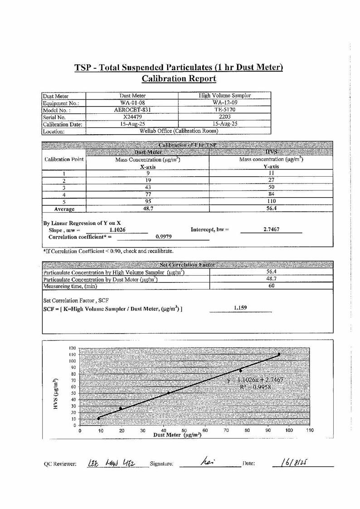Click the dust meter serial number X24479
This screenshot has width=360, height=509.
(x=132, y=116)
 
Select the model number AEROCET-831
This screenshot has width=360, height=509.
(x=132, y=110)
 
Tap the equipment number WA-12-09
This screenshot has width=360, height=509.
(x=225, y=102)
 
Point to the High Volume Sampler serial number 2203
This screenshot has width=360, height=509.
(x=225, y=116)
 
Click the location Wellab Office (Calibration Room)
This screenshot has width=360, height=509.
(x=179, y=131)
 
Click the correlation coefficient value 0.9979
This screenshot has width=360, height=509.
(x=164, y=236)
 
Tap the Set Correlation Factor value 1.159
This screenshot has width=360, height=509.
(x=240, y=308)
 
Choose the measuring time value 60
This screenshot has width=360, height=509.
(x=271, y=286)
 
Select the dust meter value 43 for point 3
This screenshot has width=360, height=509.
(x=148, y=187)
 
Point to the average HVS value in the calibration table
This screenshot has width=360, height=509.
(x=271, y=209)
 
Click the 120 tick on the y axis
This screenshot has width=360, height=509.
(x=72, y=348)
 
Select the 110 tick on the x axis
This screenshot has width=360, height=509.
(x=310, y=431)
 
